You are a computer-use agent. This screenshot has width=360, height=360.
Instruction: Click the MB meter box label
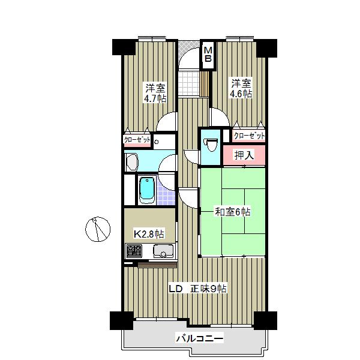pos(208,54)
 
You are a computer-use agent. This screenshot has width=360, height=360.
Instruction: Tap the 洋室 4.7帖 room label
pos(155,94)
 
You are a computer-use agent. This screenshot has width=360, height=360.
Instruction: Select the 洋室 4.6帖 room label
pos(241,88)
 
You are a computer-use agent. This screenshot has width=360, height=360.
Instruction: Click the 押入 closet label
pos(244,155)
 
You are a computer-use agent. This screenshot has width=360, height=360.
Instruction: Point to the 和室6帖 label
pos(232,212)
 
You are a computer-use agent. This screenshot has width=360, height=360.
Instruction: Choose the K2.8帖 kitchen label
pos(149,234)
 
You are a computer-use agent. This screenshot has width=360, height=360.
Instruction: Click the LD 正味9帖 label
pos(198,289)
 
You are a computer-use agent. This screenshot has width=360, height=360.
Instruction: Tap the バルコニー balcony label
pos(200,338)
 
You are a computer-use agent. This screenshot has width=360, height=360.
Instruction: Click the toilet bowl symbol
pos(211,145)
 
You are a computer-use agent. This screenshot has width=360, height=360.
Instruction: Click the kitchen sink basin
pos(163,251)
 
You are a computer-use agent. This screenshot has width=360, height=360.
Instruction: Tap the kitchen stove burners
pos(134,251)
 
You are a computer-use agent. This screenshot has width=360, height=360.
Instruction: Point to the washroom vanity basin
pos(132,162)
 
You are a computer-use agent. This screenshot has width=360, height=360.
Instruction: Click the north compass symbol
pos(98,229)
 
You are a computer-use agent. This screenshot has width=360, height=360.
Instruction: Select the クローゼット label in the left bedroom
pos(137,139)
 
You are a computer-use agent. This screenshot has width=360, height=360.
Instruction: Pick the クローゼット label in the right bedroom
pos(249,136)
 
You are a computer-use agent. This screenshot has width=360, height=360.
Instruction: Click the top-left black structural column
pos(124,47)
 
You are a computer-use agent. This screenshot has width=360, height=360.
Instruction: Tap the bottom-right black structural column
pos(265,320)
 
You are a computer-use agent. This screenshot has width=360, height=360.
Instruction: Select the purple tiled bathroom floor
pos(166,194)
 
